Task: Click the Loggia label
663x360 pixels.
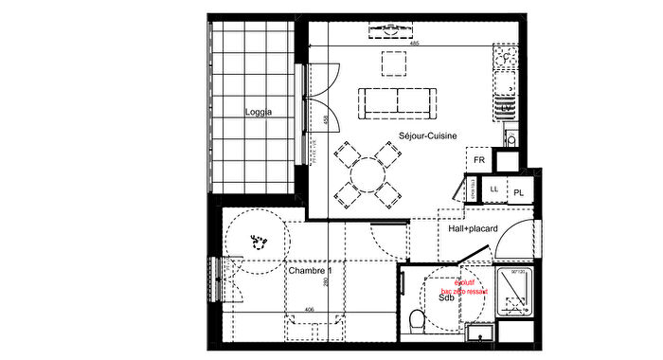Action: click(x=258, y=112)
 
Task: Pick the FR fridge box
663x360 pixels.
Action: click(x=480, y=160)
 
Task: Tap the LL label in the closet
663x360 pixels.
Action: click(x=494, y=190)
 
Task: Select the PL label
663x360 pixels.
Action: click(x=519, y=192)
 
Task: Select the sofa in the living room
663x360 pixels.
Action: click(x=396, y=100)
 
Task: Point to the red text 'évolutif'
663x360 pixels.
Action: click(x=464, y=282)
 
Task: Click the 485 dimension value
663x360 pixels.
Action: click(x=414, y=44)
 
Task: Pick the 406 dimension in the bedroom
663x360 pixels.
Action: click(x=310, y=309)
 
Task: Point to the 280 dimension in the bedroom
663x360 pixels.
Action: click(x=325, y=282)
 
